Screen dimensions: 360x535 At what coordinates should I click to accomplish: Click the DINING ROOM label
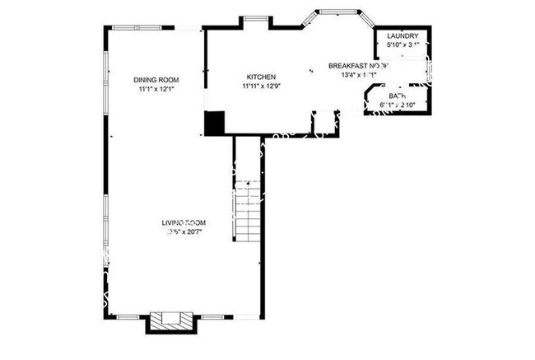coord(156,80)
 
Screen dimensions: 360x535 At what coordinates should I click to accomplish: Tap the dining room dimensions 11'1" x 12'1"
coord(156,89)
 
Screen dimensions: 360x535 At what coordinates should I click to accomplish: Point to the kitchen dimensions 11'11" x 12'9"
coord(259,86)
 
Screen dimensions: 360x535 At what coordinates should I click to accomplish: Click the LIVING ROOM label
coord(183,223)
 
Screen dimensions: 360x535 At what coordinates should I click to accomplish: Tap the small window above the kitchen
coord(251,19)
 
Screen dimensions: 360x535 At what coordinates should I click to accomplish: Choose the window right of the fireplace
coord(212,316)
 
